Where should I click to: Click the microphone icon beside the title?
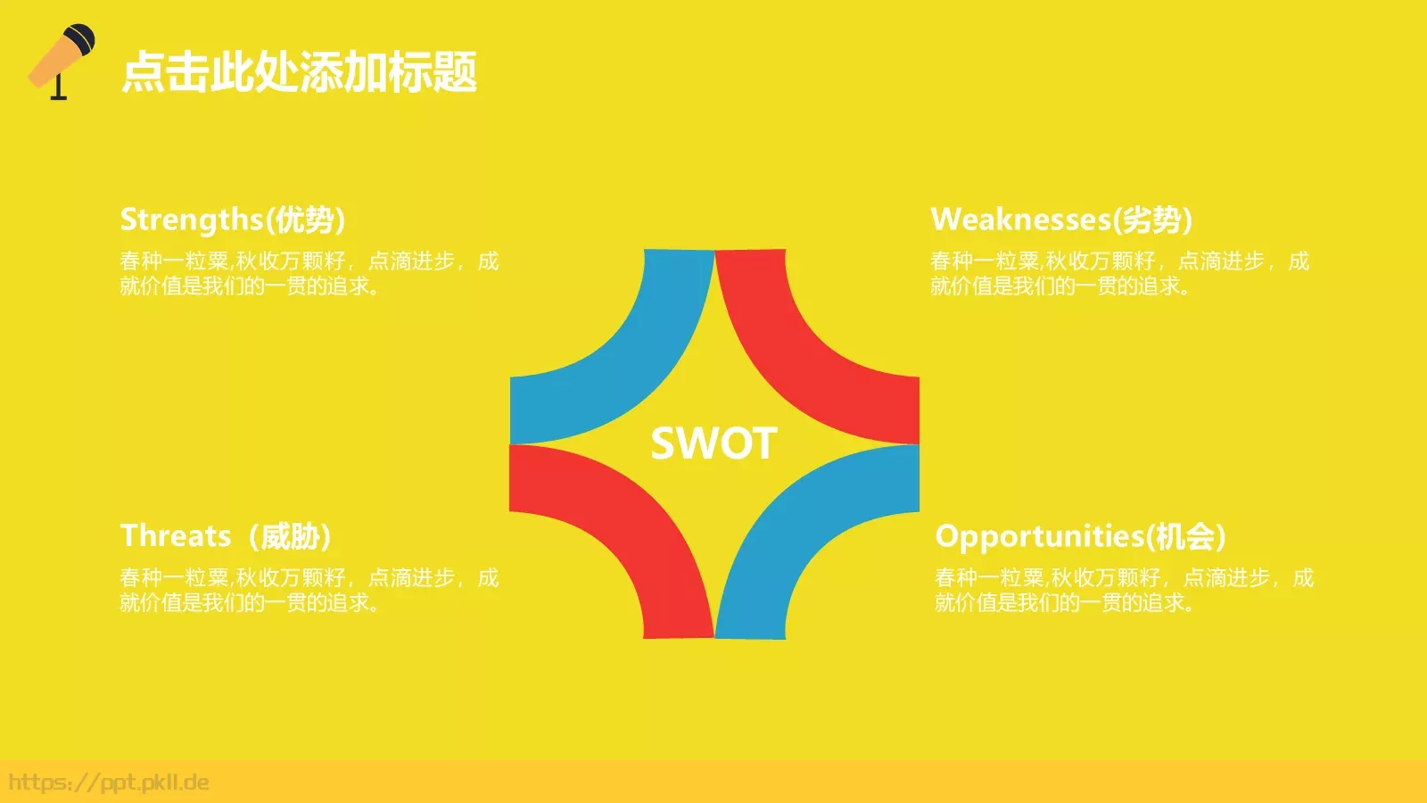[x=62, y=62]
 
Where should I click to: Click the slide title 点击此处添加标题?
[x=299, y=72]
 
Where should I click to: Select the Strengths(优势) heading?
[x=233, y=219]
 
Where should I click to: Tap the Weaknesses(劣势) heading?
[x=1060, y=219]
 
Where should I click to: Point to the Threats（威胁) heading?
[x=227, y=536]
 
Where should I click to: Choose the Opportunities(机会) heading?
[x=1080, y=536]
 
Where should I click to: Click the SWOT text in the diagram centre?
[x=713, y=443]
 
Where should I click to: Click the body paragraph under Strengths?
[x=309, y=273]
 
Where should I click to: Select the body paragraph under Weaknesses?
[x=1120, y=273]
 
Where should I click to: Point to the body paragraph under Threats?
[x=309, y=590]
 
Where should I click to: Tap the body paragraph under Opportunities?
[x=1125, y=590]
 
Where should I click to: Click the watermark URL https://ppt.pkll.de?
[x=109, y=782]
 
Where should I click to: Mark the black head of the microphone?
[x=80, y=39]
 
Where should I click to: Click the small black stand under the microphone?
[x=59, y=87]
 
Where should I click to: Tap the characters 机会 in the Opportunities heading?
[x=1185, y=536]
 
